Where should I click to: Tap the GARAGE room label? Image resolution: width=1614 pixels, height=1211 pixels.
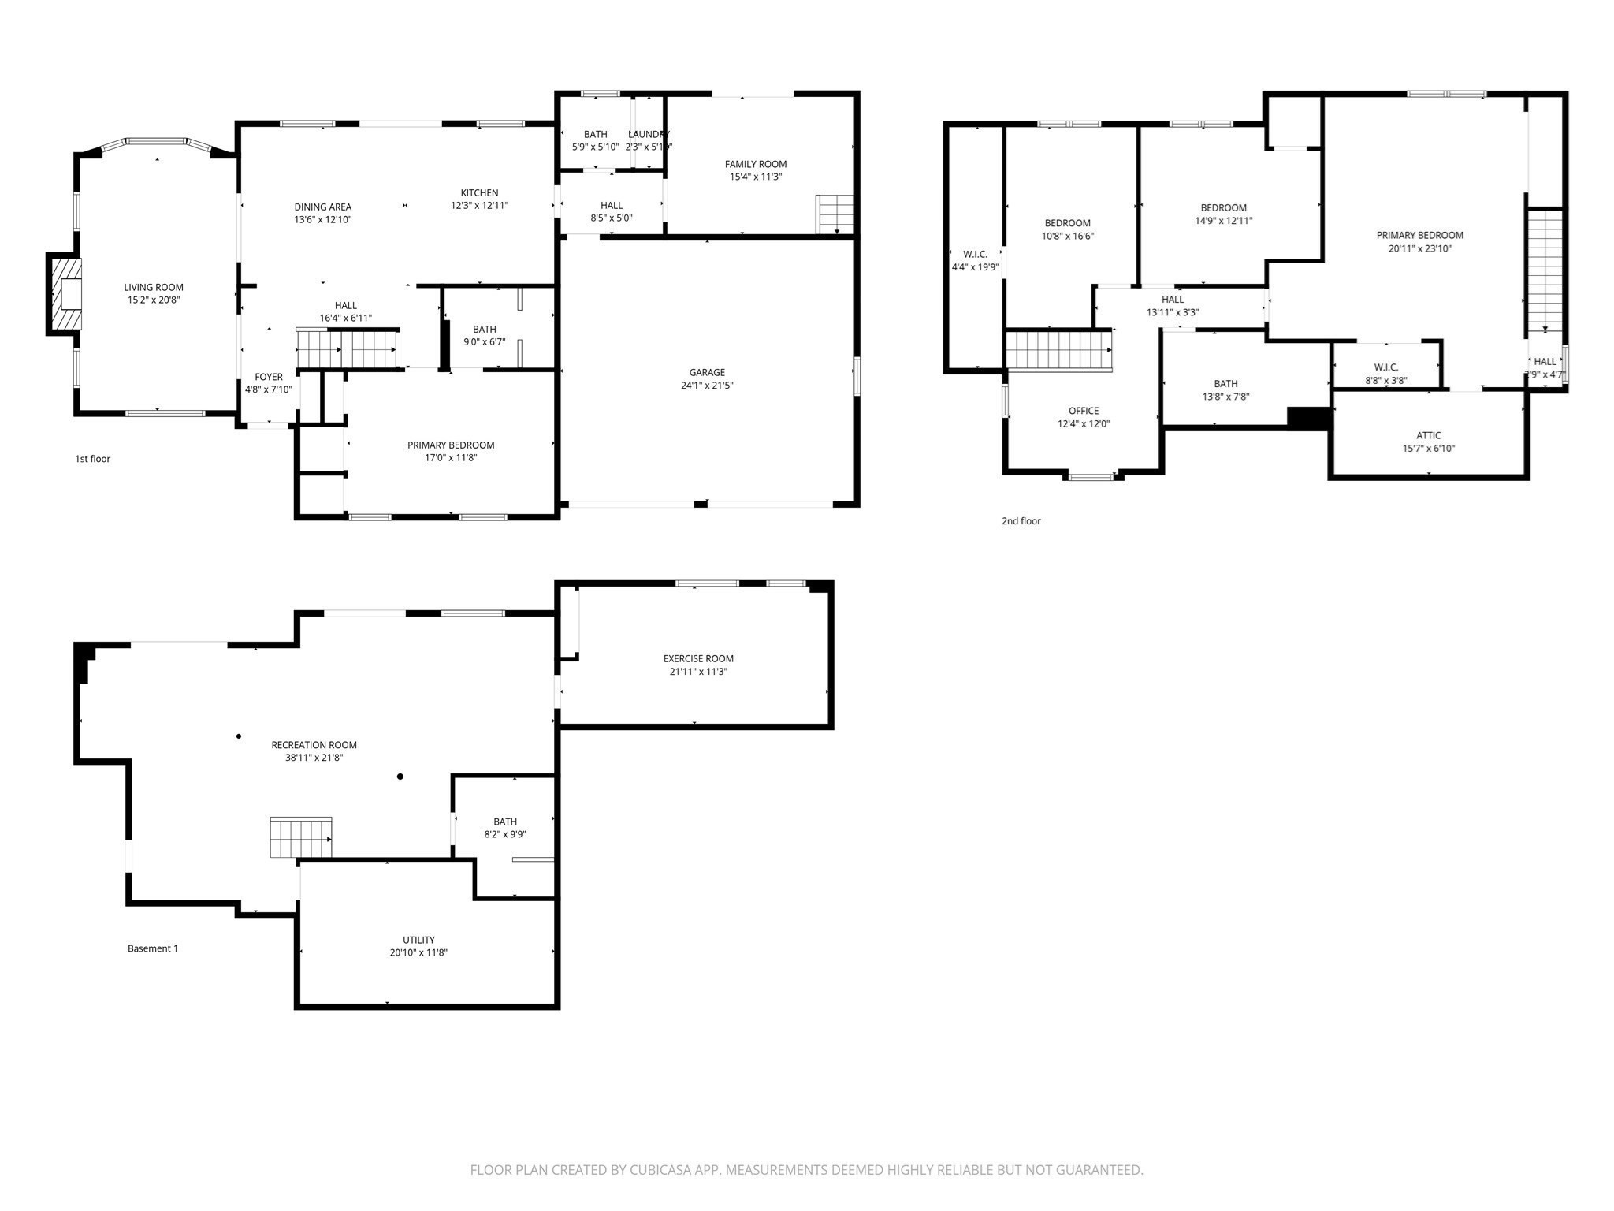tap(707, 372)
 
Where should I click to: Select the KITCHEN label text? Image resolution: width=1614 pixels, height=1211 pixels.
tap(479, 192)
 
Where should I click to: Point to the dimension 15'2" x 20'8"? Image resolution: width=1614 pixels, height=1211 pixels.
tap(154, 300)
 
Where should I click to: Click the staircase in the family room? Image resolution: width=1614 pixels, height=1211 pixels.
tap(835, 214)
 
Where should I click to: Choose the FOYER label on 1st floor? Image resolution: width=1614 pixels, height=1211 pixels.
tap(269, 377)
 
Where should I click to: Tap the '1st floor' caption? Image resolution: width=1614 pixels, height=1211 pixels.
tap(92, 459)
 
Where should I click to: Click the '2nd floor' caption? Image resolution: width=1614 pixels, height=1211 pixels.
tap(1021, 521)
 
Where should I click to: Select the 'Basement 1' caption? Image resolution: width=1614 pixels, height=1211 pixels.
tap(153, 948)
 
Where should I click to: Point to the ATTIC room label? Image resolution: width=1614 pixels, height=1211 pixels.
tap(1428, 435)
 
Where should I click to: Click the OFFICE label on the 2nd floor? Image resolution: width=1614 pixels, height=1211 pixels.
tap(1083, 411)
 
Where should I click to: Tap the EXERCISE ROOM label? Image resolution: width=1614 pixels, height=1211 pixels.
tap(698, 658)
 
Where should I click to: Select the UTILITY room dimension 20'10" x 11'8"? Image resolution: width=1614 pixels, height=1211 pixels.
tap(418, 952)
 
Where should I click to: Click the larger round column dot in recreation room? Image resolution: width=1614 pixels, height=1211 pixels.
tap(400, 777)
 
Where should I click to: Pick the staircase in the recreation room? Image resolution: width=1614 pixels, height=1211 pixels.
tap(300, 837)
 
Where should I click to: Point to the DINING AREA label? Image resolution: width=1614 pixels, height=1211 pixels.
tap(322, 207)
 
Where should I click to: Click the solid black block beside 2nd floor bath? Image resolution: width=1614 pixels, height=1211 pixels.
tap(1308, 418)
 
